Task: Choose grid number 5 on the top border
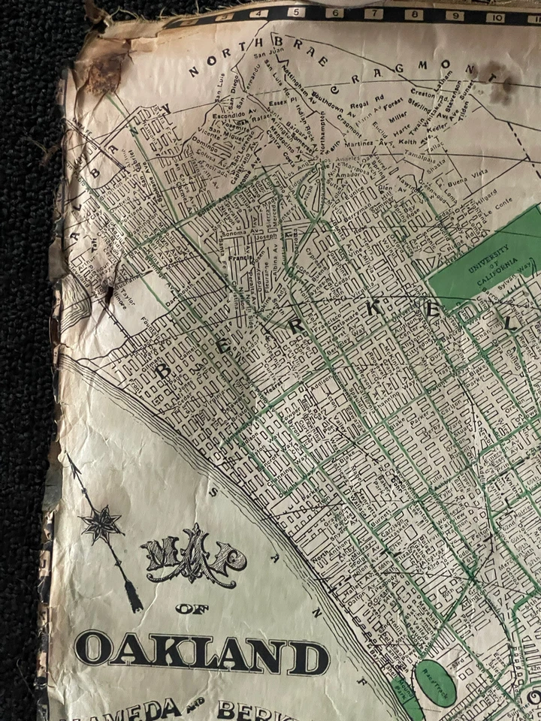[297, 12]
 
